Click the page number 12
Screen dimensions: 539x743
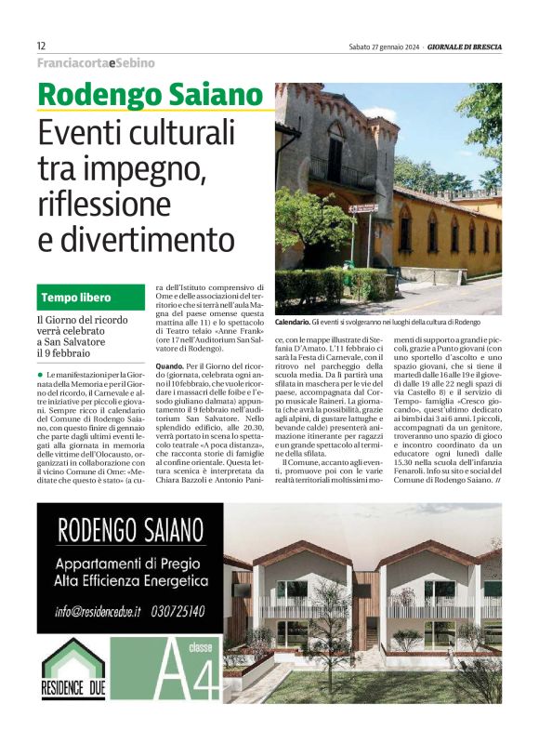(41, 46)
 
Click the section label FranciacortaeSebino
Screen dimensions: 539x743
(96, 63)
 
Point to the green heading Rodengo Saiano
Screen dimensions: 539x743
(151, 95)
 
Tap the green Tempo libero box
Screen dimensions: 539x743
(89, 298)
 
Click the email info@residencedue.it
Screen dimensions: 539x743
(98, 611)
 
